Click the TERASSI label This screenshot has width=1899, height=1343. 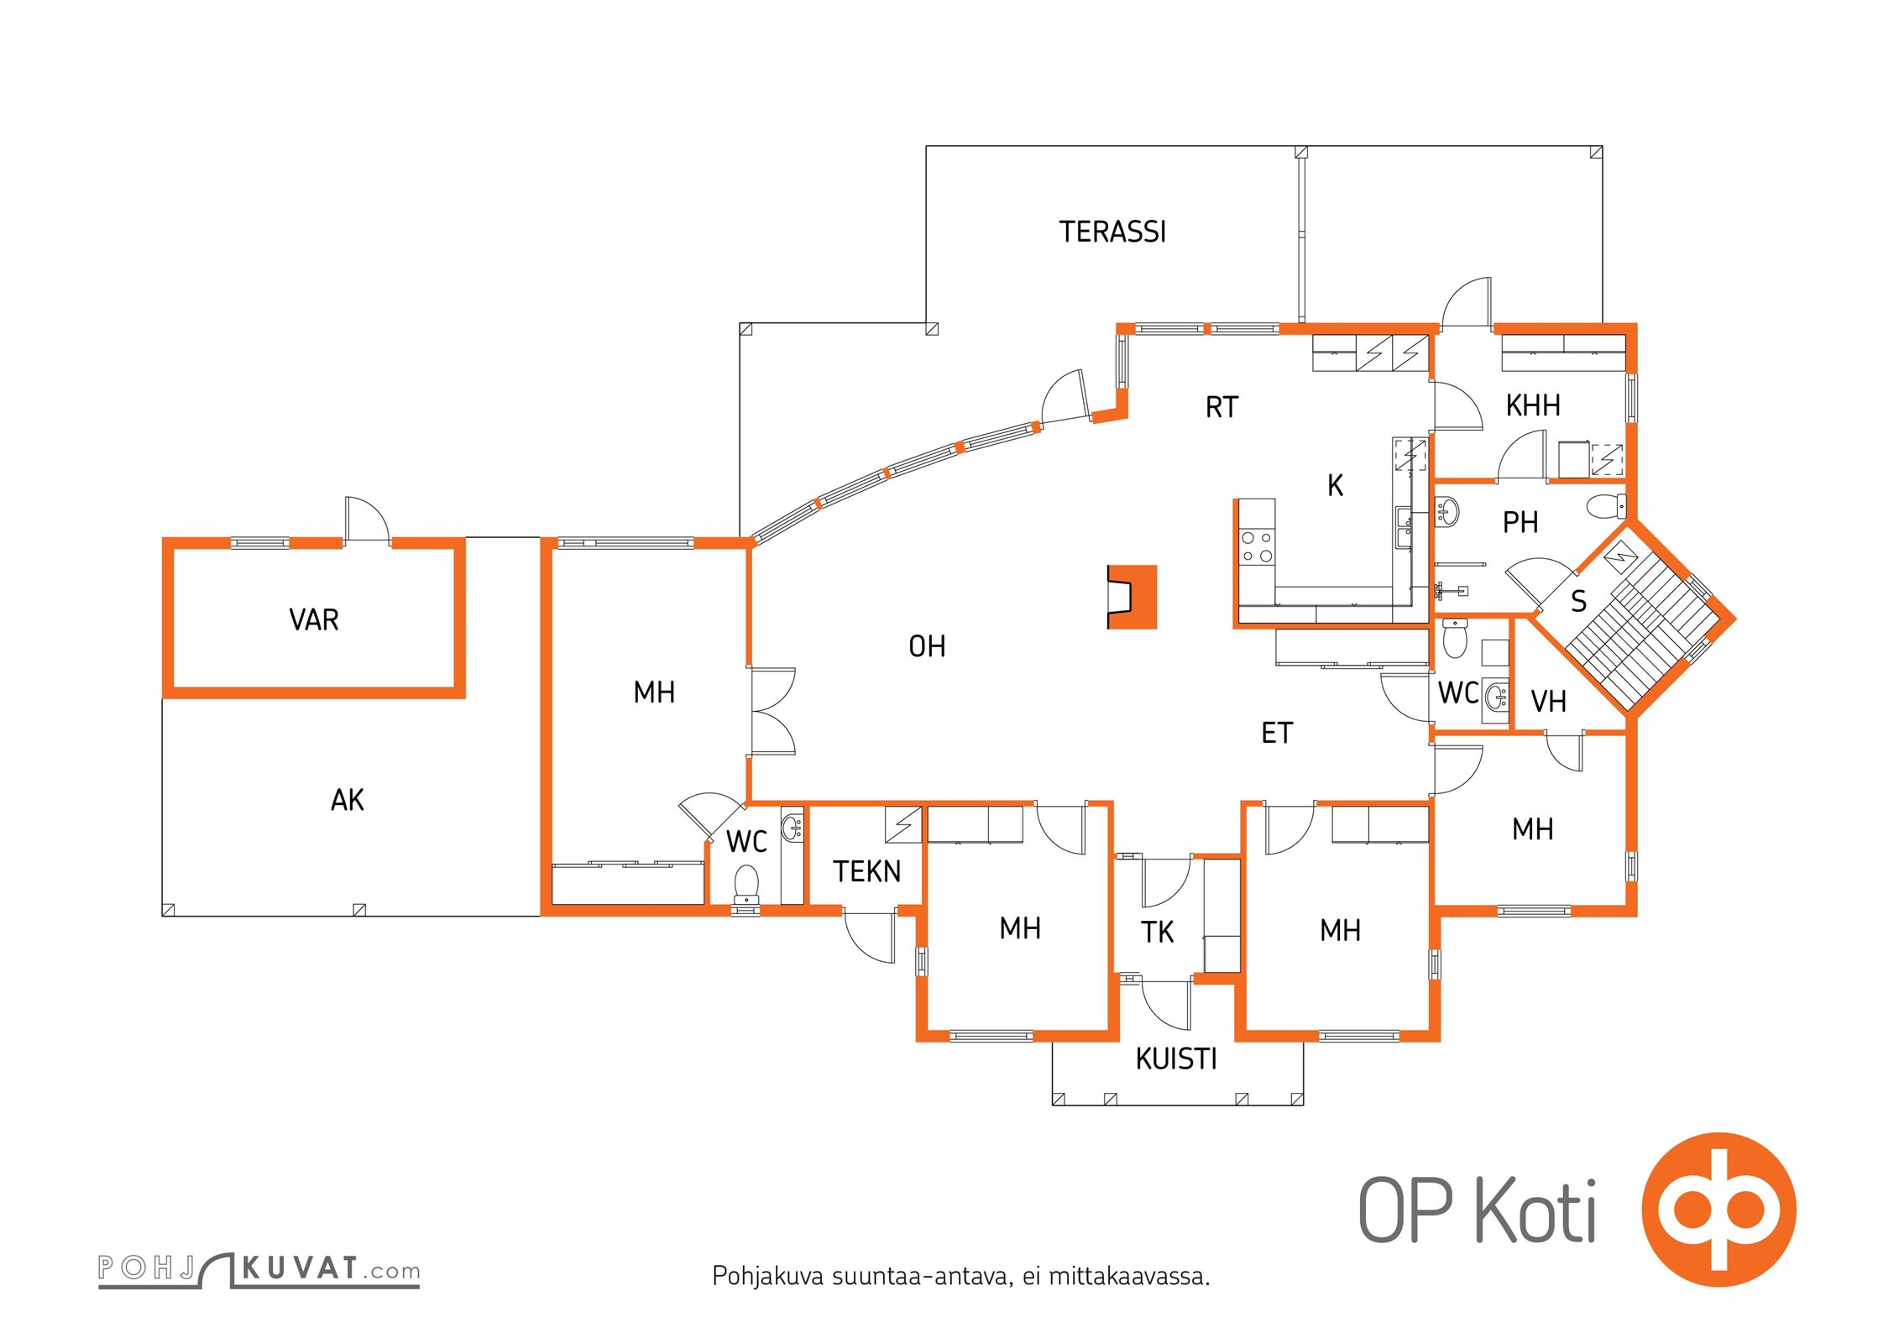(1112, 232)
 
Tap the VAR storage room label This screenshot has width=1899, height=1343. (314, 619)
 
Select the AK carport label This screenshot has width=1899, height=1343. (348, 800)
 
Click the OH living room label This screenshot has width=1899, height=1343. (927, 646)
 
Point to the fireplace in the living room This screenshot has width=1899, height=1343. (1132, 597)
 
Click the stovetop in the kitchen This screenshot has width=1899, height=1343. (1257, 546)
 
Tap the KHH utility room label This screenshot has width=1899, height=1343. (1533, 405)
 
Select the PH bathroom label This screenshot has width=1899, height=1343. (1520, 523)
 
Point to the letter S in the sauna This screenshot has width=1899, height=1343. (1578, 601)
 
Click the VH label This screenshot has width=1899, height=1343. (1548, 701)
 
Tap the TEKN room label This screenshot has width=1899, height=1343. (866, 871)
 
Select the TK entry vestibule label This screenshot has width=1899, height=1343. (1157, 932)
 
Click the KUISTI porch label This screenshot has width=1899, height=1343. (1176, 1059)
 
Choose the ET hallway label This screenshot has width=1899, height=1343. (1277, 733)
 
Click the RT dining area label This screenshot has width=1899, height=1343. (1222, 407)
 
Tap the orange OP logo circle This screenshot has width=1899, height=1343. (1719, 1210)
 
